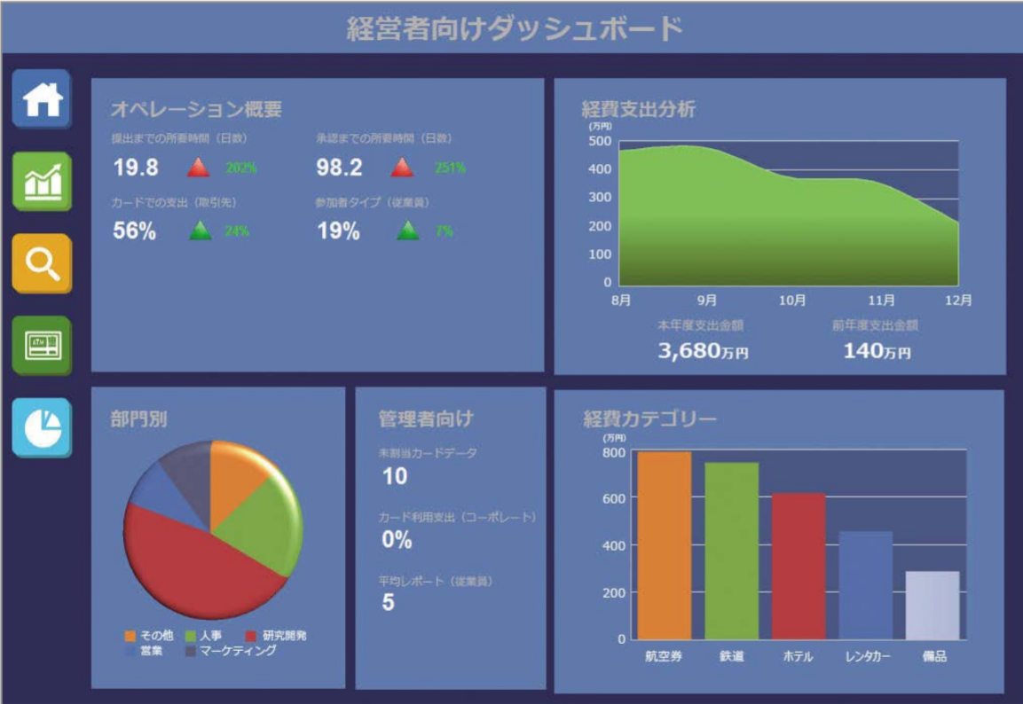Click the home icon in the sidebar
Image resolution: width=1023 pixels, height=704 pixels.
(x=42, y=99)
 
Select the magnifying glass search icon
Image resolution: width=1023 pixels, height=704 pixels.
(x=42, y=263)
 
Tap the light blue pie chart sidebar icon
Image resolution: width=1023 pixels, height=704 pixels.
(x=42, y=427)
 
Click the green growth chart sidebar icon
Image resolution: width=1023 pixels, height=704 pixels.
(x=42, y=181)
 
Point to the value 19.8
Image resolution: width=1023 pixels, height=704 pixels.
(x=136, y=168)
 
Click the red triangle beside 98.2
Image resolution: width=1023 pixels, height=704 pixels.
(x=402, y=167)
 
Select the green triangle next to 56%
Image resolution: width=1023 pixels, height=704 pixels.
(x=201, y=231)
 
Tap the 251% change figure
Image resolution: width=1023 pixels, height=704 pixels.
(x=450, y=168)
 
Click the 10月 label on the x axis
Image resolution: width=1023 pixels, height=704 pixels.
(x=791, y=301)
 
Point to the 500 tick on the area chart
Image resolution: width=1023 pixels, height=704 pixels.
(x=600, y=141)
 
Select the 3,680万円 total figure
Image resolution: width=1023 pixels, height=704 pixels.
(x=703, y=351)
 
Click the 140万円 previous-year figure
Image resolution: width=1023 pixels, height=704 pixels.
(x=877, y=351)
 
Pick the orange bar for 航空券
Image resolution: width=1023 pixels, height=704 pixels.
(x=664, y=545)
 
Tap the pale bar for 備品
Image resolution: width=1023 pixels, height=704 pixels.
(x=933, y=605)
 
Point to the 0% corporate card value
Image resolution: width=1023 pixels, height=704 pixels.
(x=397, y=539)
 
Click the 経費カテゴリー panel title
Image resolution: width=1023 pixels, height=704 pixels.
(x=649, y=418)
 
